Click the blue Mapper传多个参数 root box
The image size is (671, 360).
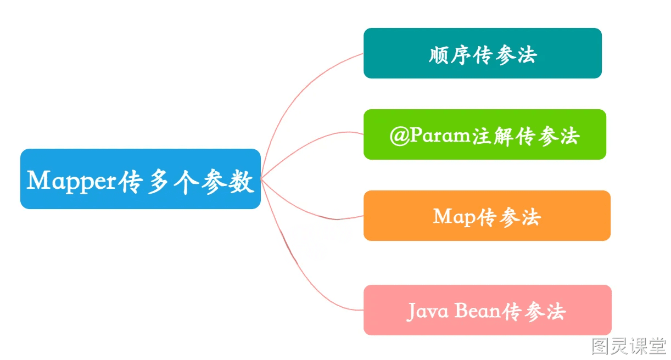(141, 179)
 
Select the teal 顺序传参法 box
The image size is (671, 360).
(483, 53)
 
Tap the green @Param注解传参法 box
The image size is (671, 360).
(485, 134)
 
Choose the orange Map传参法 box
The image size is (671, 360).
(487, 216)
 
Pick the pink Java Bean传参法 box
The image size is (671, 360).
(488, 310)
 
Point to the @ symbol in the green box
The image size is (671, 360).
(400, 136)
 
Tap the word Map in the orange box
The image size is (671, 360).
(454, 217)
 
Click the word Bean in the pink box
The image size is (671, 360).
(478, 311)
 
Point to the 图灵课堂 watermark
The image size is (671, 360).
(629, 346)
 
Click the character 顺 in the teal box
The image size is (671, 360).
(439, 55)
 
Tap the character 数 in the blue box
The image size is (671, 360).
(241, 182)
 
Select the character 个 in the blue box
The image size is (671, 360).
(186, 182)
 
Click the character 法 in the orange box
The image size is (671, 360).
(531, 217)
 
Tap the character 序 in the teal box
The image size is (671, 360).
(461, 55)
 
